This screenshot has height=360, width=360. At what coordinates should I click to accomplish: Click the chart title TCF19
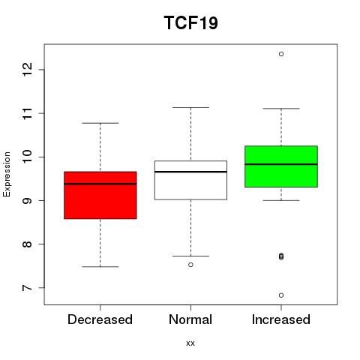point(190,22)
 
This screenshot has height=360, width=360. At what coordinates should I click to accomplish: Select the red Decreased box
point(100,195)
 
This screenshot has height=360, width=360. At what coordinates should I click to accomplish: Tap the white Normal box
point(190,180)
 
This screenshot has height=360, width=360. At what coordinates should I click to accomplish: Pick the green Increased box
point(281,166)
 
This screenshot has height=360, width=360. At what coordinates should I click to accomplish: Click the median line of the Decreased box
point(100,184)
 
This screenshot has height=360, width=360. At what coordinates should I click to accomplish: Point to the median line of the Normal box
point(190,172)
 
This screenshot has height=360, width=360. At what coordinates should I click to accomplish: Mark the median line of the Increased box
point(281,164)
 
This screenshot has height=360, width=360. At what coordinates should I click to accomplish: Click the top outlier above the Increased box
point(281,54)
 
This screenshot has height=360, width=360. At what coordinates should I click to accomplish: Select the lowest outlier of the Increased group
point(281,295)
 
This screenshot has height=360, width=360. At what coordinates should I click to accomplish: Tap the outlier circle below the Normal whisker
point(190,265)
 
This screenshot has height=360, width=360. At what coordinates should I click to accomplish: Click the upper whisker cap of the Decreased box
point(100,123)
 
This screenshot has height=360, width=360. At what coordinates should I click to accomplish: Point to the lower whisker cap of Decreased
point(100,267)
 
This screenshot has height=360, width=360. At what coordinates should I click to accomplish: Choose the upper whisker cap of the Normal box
point(190,107)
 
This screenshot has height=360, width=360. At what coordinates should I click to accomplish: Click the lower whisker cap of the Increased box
point(281,200)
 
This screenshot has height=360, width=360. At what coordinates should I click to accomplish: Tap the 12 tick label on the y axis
point(27,70)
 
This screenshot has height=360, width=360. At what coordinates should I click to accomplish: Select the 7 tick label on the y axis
point(27,288)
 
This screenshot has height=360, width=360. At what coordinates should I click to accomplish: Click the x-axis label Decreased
point(100,319)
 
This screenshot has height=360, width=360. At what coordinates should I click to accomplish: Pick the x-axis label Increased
point(281,319)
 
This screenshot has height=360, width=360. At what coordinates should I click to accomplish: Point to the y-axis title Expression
point(7,174)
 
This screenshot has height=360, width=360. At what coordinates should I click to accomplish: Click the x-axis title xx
point(190,343)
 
